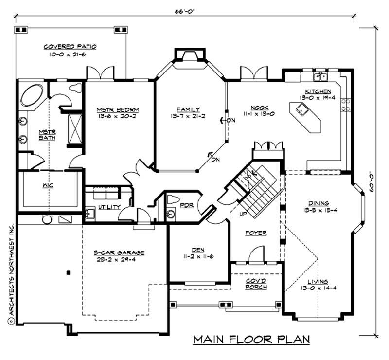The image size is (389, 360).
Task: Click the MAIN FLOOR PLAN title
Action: (251, 339)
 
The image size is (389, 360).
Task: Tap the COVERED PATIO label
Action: (70, 47)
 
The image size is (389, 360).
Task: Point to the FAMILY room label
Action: (188, 109)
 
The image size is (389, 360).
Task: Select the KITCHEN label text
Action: (318, 91)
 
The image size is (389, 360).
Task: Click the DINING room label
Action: (318, 203)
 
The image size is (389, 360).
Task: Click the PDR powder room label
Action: (187, 205)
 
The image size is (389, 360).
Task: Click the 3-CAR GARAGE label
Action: (119, 252)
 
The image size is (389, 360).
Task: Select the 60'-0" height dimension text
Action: (371, 180)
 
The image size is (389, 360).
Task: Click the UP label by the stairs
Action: (242, 214)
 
